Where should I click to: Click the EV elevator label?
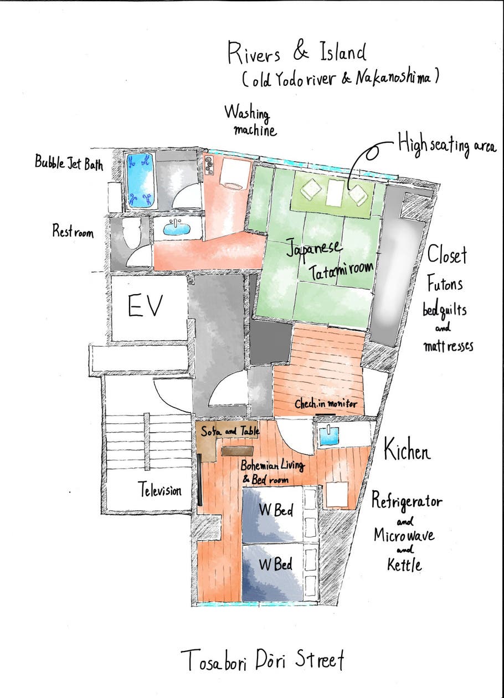[x=146, y=306]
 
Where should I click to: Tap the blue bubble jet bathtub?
[x=141, y=181]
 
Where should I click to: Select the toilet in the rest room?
[x=131, y=233]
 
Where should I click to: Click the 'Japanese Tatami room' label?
[x=330, y=259]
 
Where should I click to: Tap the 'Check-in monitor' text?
[x=326, y=404]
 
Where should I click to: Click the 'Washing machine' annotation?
[x=251, y=121]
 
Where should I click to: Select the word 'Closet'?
[x=447, y=255]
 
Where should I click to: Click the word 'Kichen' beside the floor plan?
[x=407, y=449]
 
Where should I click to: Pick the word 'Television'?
[x=160, y=490]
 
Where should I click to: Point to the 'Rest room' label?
[x=73, y=231]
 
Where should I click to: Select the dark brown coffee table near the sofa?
[x=237, y=451]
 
